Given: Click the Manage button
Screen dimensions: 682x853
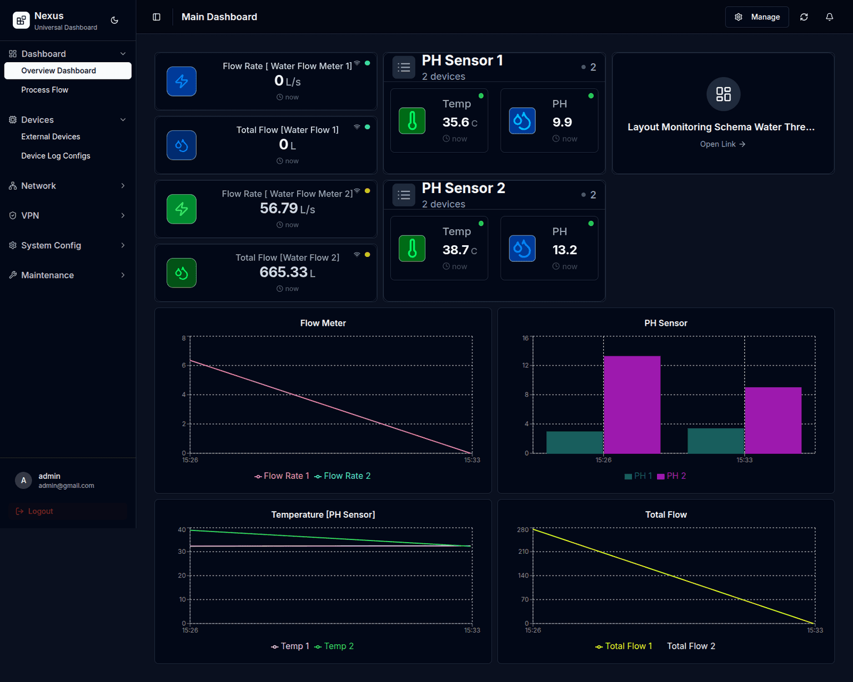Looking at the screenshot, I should coord(757,17).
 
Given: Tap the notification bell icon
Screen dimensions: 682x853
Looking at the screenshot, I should coord(829,17).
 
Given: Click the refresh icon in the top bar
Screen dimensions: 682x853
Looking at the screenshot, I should coord(804,17).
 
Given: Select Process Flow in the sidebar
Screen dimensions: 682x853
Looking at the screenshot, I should coord(44,90).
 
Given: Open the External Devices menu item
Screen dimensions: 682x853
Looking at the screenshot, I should coord(51,137).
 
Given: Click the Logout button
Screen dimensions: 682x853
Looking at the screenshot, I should coord(40,511).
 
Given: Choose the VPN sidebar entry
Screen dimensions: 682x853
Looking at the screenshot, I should coord(30,215).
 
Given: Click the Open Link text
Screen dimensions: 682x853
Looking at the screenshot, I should coord(722,144).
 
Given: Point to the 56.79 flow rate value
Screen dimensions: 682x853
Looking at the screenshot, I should coord(279,209).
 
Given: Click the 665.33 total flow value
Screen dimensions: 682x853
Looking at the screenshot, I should coord(283,272).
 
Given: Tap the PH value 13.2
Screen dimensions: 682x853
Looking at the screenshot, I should coord(564,250).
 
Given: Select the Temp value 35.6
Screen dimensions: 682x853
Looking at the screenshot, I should coord(455,123).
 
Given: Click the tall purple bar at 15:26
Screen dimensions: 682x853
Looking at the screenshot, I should coord(631,405).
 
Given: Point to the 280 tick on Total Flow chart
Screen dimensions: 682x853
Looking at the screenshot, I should coord(523,530).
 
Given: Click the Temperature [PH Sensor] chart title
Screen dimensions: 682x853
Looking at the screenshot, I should coord(323,515).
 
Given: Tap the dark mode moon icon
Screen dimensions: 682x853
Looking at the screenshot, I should coord(114,21).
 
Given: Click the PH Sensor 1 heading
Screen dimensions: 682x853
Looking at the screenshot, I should coord(462,60).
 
